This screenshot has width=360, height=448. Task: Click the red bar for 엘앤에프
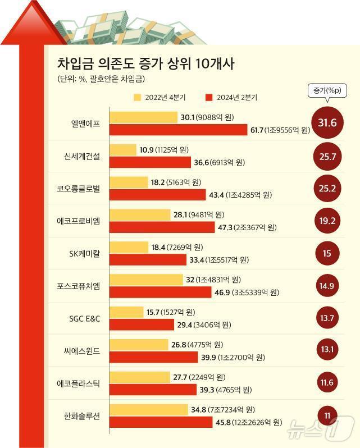(x=177, y=130)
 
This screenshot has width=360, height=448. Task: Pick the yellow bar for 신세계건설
(x=123, y=150)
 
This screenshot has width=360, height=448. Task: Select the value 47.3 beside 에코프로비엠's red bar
(x=225, y=227)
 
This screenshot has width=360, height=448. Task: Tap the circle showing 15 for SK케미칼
(x=326, y=253)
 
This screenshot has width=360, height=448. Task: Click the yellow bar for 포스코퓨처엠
(x=147, y=280)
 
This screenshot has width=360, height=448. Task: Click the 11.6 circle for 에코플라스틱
(x=326, y=382)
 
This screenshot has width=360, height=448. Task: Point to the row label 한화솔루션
(x=82, y=416)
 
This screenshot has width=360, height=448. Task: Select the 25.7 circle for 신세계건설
(x=326, y=157)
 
